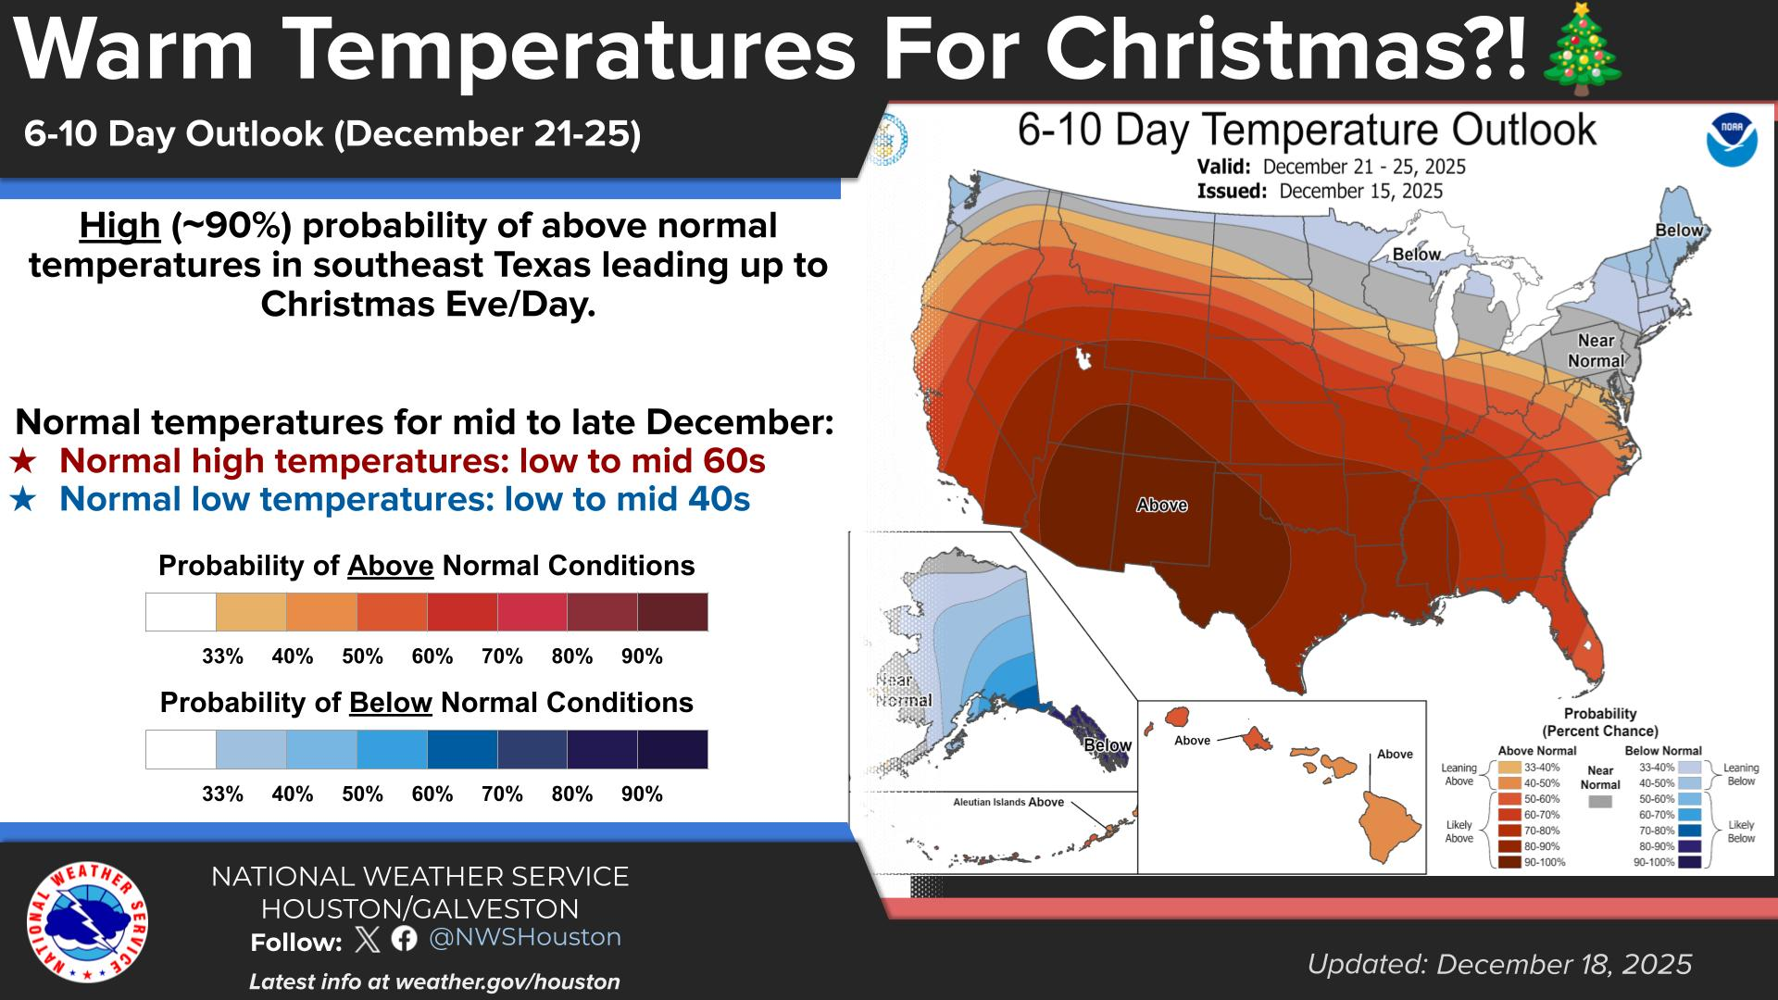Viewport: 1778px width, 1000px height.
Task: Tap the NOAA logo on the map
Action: pos(1732,140)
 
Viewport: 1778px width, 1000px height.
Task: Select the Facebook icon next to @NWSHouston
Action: pos(404,939)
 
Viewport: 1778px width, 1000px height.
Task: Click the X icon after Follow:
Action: pos(368,940)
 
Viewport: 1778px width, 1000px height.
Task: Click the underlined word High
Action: pos(119,226)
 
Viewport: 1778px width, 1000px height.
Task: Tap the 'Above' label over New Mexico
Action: pos(1161,505)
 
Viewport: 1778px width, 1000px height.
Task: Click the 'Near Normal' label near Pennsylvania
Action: pos(1596,351)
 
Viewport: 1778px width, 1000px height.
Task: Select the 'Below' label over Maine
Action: pos(1678,231)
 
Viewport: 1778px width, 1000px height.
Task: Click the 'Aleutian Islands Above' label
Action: pos(1008,802)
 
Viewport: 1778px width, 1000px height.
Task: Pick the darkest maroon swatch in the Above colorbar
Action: pos(672,612)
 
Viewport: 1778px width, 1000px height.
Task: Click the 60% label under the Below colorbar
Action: pos(432,794)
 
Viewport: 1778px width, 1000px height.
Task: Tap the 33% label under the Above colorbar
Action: pos(222,656)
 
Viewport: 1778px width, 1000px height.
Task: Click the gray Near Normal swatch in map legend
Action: pos(1599,802)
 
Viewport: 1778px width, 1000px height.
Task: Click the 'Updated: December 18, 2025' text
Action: pos(1499,964)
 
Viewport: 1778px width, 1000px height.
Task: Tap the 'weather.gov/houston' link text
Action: pos(507,981)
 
